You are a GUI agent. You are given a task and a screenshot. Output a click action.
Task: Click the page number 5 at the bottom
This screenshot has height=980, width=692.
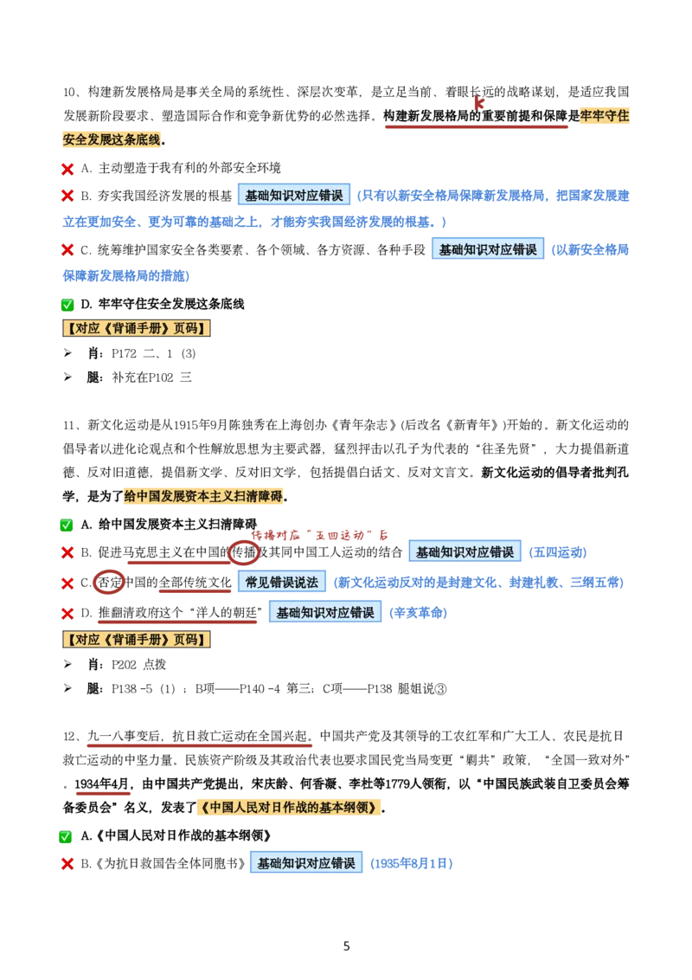click(347, 946)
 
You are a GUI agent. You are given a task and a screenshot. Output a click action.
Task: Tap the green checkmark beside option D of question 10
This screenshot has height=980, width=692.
click(67, 305)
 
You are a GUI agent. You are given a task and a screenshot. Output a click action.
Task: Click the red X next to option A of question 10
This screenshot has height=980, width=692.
click(67, 169)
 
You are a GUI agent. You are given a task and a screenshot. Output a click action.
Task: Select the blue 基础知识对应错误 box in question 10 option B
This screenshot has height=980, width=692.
click(293, 196)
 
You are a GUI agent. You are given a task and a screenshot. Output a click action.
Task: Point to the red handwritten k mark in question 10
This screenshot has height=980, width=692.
click(478, 102)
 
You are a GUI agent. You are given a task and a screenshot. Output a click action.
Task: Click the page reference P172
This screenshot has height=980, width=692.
click(124, 354)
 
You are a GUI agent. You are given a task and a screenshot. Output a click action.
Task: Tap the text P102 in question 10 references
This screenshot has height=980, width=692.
click(161, 377)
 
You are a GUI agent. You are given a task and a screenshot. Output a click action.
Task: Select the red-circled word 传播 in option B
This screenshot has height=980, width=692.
click(244, 551)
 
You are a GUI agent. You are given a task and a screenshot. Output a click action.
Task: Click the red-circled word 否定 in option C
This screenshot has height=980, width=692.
click(109, 583)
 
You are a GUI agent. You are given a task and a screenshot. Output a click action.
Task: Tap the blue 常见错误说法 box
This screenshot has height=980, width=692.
click(281, 583)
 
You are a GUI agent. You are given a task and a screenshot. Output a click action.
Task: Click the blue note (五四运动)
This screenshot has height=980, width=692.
click(558, 552)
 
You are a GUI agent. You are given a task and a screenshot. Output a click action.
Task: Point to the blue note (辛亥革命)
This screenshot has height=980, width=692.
click(418, 613)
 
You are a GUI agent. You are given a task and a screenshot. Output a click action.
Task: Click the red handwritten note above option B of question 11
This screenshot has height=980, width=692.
click(319, 535)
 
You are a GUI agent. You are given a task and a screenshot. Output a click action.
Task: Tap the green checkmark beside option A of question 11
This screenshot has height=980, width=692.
click(67, 525)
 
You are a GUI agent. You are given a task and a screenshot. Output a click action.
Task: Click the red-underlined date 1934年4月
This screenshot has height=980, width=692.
click(102, 784)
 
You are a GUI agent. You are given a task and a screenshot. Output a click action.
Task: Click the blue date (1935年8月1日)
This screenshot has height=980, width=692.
click(412, 864)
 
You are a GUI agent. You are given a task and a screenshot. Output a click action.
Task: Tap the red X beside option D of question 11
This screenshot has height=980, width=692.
click(67, 614)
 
